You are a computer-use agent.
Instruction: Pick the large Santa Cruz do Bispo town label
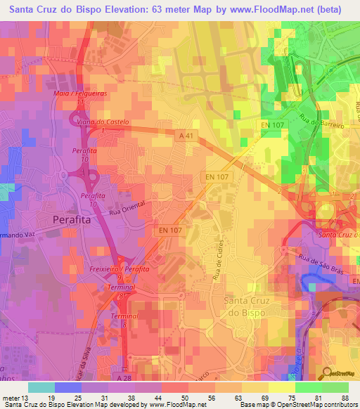(255, 306)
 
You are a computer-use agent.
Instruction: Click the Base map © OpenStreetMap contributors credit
(298, 405)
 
